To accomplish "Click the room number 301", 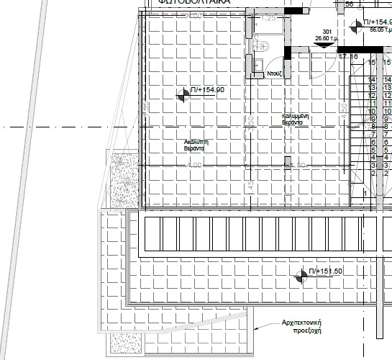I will [x=327, y=32].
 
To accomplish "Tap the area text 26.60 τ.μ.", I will [x=327, y=40].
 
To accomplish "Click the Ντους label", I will [x=273, y=73].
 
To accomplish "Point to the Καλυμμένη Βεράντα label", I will [x=296, y=119].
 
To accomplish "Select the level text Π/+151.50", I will [x=325, y=271].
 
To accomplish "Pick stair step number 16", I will [x=354, y=56].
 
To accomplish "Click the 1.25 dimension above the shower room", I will [x=268, y=17].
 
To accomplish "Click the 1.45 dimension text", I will [x=250, y=185].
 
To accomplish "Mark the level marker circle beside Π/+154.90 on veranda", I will [x=183, y=91].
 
